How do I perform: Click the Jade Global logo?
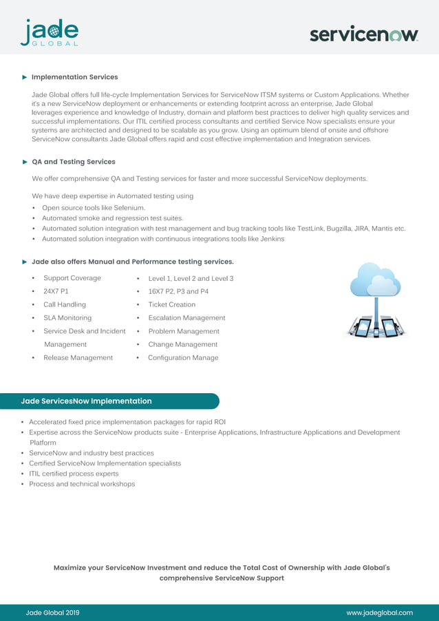click(49, 32)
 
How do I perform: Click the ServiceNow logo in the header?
click(363, 34)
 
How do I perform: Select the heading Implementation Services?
click(74, 77)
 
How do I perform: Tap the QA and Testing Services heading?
click(74, 162)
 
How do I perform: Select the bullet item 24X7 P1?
click(56, 291)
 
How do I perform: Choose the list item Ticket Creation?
click(171, 304)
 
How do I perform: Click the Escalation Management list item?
click(186, 318)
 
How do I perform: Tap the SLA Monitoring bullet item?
click(67, 318)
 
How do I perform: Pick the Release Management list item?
click(78, 358)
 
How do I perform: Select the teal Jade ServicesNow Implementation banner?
click(110, 401)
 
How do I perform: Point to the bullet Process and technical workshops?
click(82, 484)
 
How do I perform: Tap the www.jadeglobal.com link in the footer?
click(379, 613)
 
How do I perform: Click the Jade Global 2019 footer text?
click(52, 613)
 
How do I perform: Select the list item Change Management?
click(182, 344)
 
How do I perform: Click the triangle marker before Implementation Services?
click(25, 77)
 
